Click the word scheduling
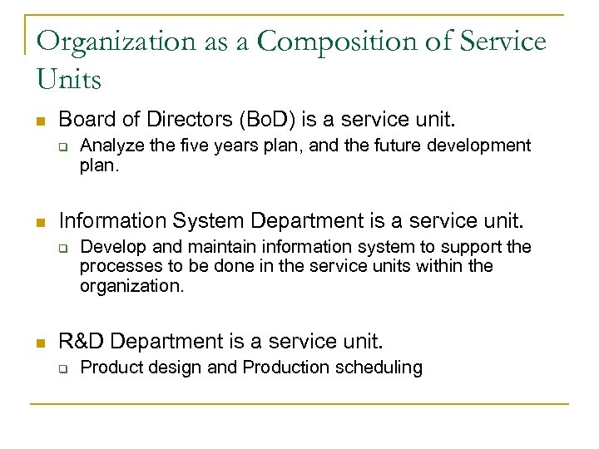click(381, 367)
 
